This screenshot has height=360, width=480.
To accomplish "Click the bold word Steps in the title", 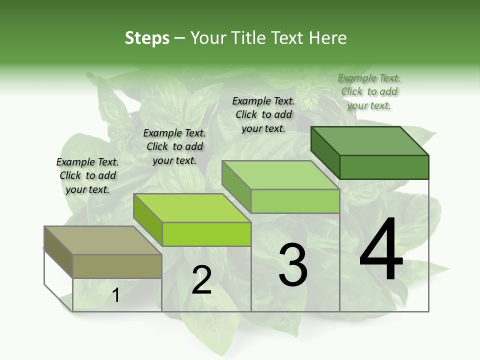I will coord(147,38).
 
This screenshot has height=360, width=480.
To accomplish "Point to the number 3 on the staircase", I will coord(293,265).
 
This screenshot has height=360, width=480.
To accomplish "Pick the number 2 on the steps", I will coord(201,280).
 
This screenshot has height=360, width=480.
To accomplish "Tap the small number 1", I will coord(115,295).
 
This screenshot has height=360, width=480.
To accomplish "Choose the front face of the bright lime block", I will coord(206,234).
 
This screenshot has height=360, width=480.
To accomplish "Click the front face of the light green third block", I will coord(295,201).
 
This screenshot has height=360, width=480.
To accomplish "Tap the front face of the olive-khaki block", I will coord(117,266).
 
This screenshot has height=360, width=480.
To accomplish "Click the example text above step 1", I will coord(88,175).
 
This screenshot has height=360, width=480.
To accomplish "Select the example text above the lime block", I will coord(174,146).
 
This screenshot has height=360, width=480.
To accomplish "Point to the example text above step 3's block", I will coord(264,114).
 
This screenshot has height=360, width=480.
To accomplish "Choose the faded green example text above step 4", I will coord(369,91).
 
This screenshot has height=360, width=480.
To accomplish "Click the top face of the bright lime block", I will coord(192,207).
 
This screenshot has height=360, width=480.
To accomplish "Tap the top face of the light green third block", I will coord(280,175).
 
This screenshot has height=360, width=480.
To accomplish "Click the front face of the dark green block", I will coord(384,167).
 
